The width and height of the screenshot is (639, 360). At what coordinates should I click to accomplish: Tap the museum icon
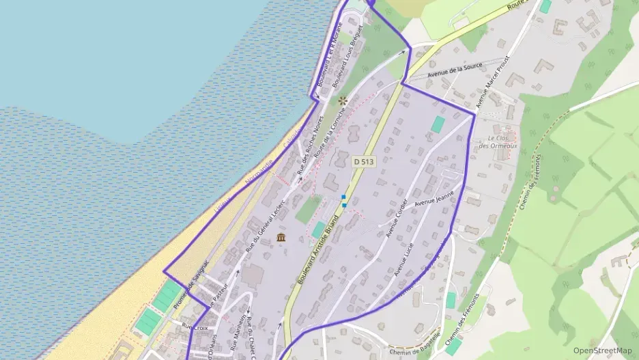point(281,237)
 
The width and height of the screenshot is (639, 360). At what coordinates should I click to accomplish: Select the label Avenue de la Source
point(455,69)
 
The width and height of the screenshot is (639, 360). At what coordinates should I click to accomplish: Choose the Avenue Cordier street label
point(397,218)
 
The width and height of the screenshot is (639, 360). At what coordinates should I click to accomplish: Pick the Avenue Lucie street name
point(404,259)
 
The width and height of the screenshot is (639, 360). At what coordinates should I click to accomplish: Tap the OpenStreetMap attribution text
point(602,350)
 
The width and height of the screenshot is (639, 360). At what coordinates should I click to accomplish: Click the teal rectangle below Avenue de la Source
point(438,124)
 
